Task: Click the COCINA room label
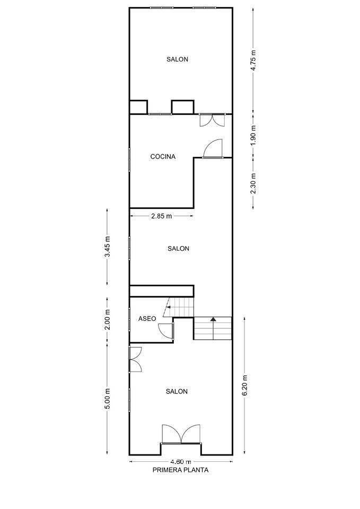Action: (x=163, y=156)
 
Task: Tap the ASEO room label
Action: (x=147, y=319)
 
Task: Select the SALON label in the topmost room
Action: (x=177, y=59)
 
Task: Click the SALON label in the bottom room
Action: (x=177, y=391)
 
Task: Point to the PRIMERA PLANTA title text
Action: (x=180, y=470)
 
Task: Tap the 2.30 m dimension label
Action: (x=253, y=183)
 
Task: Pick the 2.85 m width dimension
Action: (x=161, y=216)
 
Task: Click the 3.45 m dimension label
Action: (x=107, y=247)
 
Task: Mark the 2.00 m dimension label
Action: (x=107, y=319)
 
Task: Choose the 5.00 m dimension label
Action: (x=107, y=398)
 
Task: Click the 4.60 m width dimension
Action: (x=180, y=461)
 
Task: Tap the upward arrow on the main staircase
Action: (x=213, y=320)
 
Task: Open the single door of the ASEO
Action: (x=166, y=330)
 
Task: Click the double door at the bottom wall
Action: (x=181, y=434)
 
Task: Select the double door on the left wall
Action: (x=135, y=359)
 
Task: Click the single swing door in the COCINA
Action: (x=213, y=149)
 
